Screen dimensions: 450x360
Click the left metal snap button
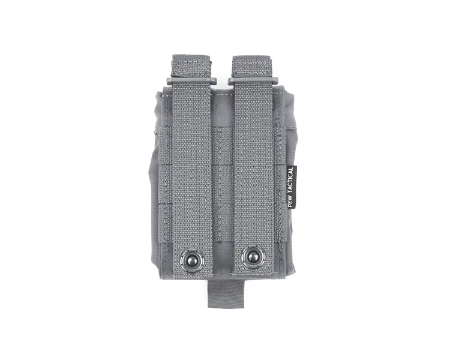(x=189, y=261)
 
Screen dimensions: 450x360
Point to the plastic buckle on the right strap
(x=254, y=81)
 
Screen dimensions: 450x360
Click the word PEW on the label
(x=290, y=202)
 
